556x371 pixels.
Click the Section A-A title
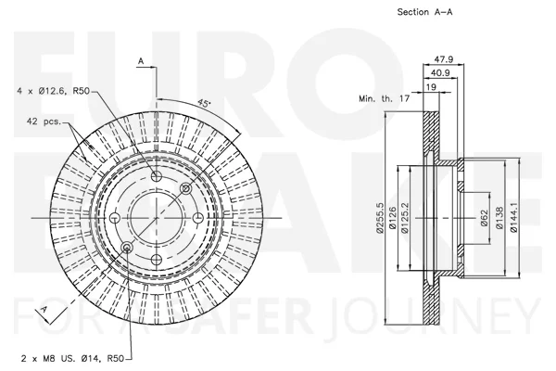pos(424,12)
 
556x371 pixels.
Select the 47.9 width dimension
pos(444,59)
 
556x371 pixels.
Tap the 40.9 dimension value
pos(440,72)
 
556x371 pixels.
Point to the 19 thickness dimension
pos(431,86)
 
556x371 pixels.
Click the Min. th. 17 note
pos(384,98)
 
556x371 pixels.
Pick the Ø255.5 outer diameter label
pos(380,218)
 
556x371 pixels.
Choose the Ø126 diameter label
pos(392,218)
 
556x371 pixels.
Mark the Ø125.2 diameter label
pos(405,218)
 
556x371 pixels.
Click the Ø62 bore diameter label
pos(485,218)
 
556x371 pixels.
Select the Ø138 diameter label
pos(499,218)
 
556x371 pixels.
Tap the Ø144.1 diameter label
pos(513,218)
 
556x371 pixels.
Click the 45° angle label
pos(204,103)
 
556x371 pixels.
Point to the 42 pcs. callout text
pos(44,122)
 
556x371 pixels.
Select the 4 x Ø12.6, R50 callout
pos(53,91)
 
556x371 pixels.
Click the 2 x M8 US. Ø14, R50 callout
pos(72,359)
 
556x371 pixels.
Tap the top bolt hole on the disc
pos(157,176)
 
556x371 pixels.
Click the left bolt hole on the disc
pos(115,218)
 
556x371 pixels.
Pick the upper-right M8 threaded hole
pos(186,188)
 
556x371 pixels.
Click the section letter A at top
pos(141,61)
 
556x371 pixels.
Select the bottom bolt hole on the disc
pos(157,260)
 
